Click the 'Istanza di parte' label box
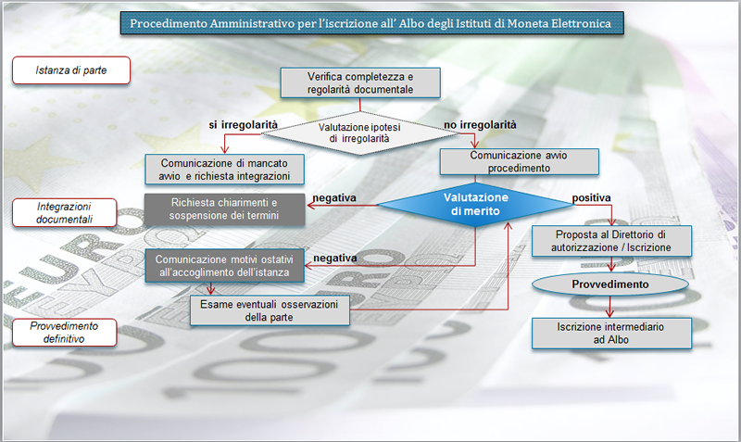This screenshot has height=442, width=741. tap(71, 70)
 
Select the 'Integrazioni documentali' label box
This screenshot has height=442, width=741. tap(64, 213)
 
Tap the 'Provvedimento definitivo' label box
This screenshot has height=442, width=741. tap(64, 333)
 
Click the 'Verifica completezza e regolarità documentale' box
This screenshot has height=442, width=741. tap(360, 82)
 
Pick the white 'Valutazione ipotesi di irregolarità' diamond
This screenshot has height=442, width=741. tap(359, 133)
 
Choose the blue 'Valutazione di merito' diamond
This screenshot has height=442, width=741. tap(475, 204)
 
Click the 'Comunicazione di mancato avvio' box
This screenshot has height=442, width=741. tap(224, 170)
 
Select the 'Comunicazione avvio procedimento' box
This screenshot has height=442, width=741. tap(520, 161)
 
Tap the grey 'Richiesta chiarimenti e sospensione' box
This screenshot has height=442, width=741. tap(224, 208)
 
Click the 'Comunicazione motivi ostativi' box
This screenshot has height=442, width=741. tap(224, 266)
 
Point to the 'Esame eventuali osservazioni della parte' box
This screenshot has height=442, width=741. tap(270, 310)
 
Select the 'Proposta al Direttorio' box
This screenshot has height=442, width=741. tap(611, 241)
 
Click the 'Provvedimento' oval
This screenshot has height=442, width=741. tap(610, 284)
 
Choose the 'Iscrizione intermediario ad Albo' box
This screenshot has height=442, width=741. tap(611, 334)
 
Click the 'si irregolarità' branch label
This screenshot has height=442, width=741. tap(244, 125)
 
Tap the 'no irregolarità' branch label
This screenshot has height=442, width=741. tap(480, 125)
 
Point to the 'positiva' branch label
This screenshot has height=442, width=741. tap(592, 197)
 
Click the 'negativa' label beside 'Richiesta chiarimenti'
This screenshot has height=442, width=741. tap(334, 197)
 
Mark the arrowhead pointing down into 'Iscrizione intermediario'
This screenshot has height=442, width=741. tap(609, 313)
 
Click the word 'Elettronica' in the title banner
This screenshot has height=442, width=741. tap(582, 23)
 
